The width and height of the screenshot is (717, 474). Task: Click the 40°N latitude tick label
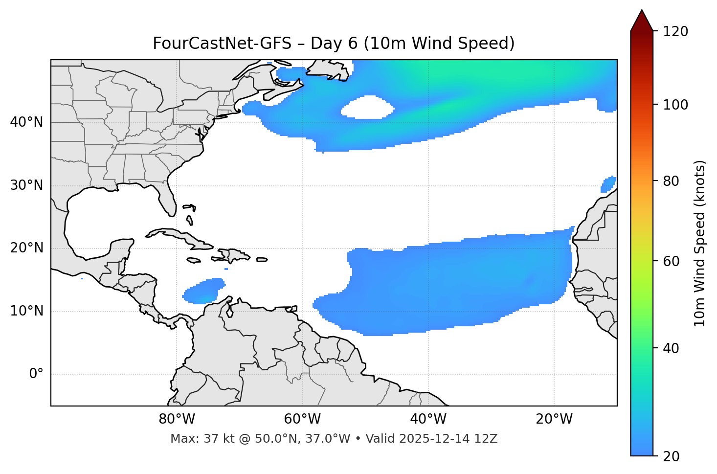click(x=27, y=122)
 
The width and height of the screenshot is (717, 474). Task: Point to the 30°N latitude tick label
click(x=27, y=185)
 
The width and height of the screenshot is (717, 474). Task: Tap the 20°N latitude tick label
click(x=27, y=248)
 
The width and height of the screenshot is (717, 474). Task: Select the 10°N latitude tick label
click(x=27, y=311)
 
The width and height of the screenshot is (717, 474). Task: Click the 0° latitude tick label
click(x=36, y=374)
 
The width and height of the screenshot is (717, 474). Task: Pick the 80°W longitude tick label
click(x=177, y=419)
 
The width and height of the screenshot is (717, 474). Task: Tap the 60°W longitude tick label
click(x=302, y=419)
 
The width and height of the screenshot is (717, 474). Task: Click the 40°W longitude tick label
click(x=428, y=419)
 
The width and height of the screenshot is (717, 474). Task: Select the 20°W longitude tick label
click(x=554, y=419)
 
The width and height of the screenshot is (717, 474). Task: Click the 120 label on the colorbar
click(x=675, y=32)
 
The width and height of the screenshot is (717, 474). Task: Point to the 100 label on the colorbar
click(x=675, y=105)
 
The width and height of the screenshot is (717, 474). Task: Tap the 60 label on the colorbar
click(x=671, y=261)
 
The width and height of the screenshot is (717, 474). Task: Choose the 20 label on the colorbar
click(x=671, y=456)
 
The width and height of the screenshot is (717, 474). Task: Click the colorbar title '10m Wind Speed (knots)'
click(x=700, y=244)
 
